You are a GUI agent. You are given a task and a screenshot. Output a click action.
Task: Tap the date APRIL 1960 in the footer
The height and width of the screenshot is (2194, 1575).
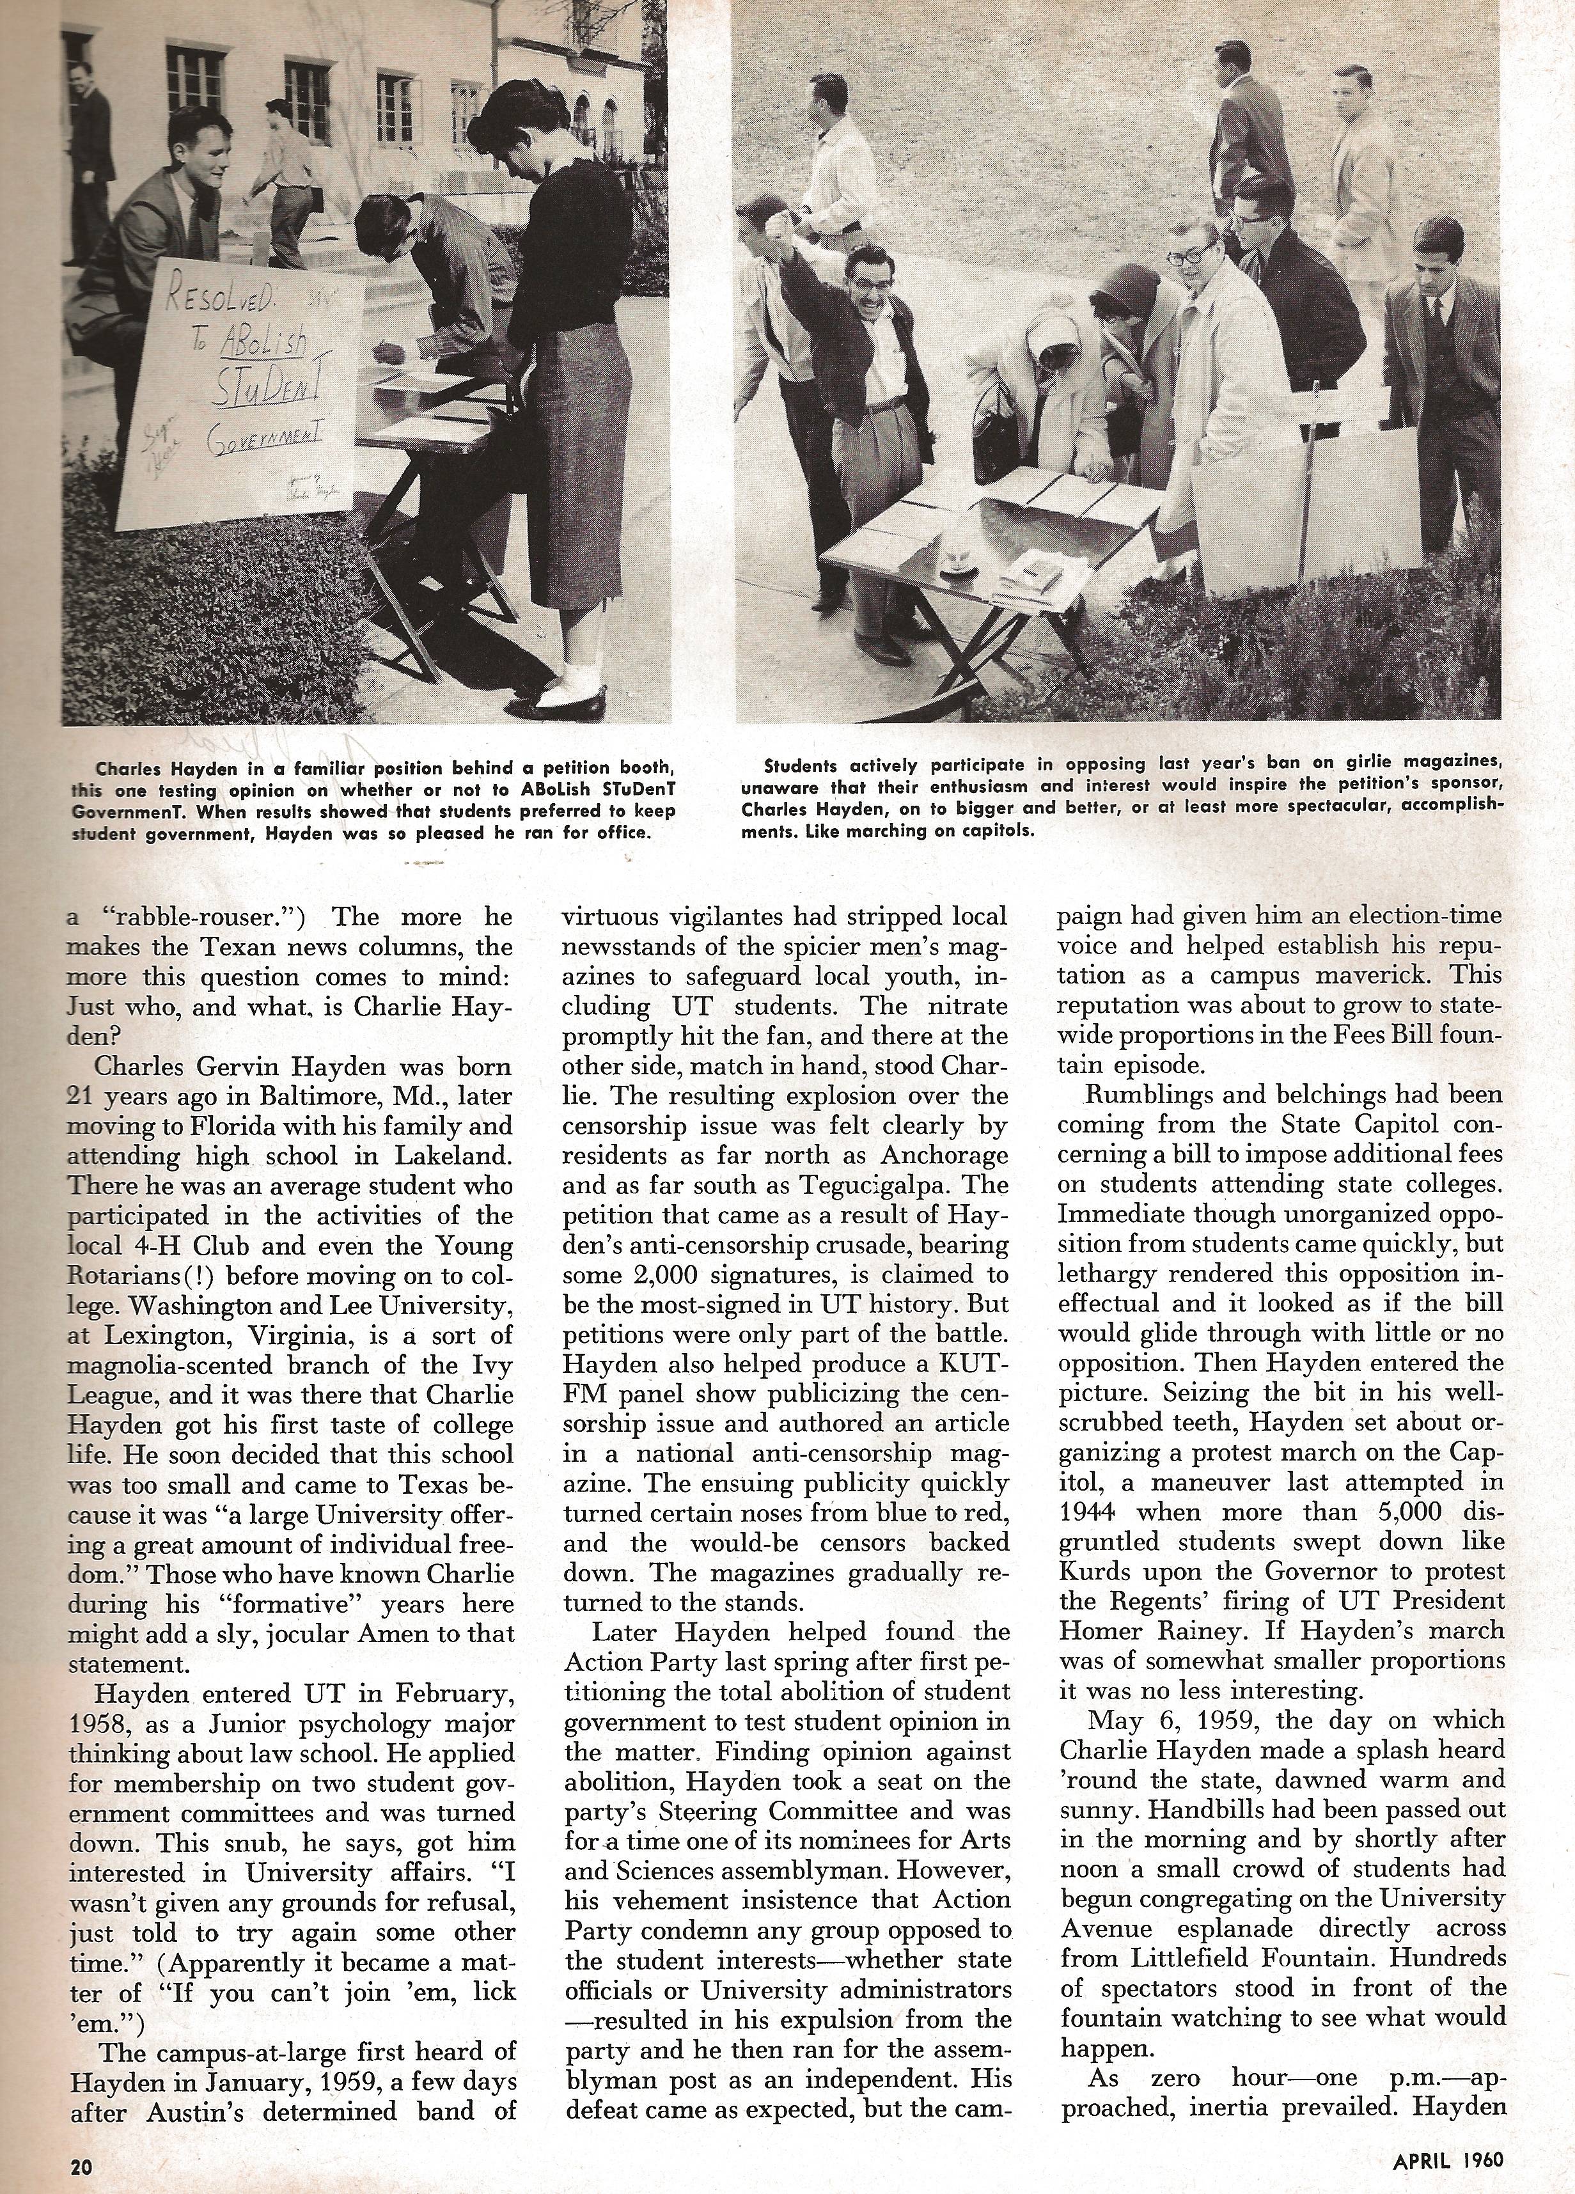point(1448,2156)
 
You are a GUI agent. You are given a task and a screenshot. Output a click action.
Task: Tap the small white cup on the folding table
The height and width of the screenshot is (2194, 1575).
point(959,561)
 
